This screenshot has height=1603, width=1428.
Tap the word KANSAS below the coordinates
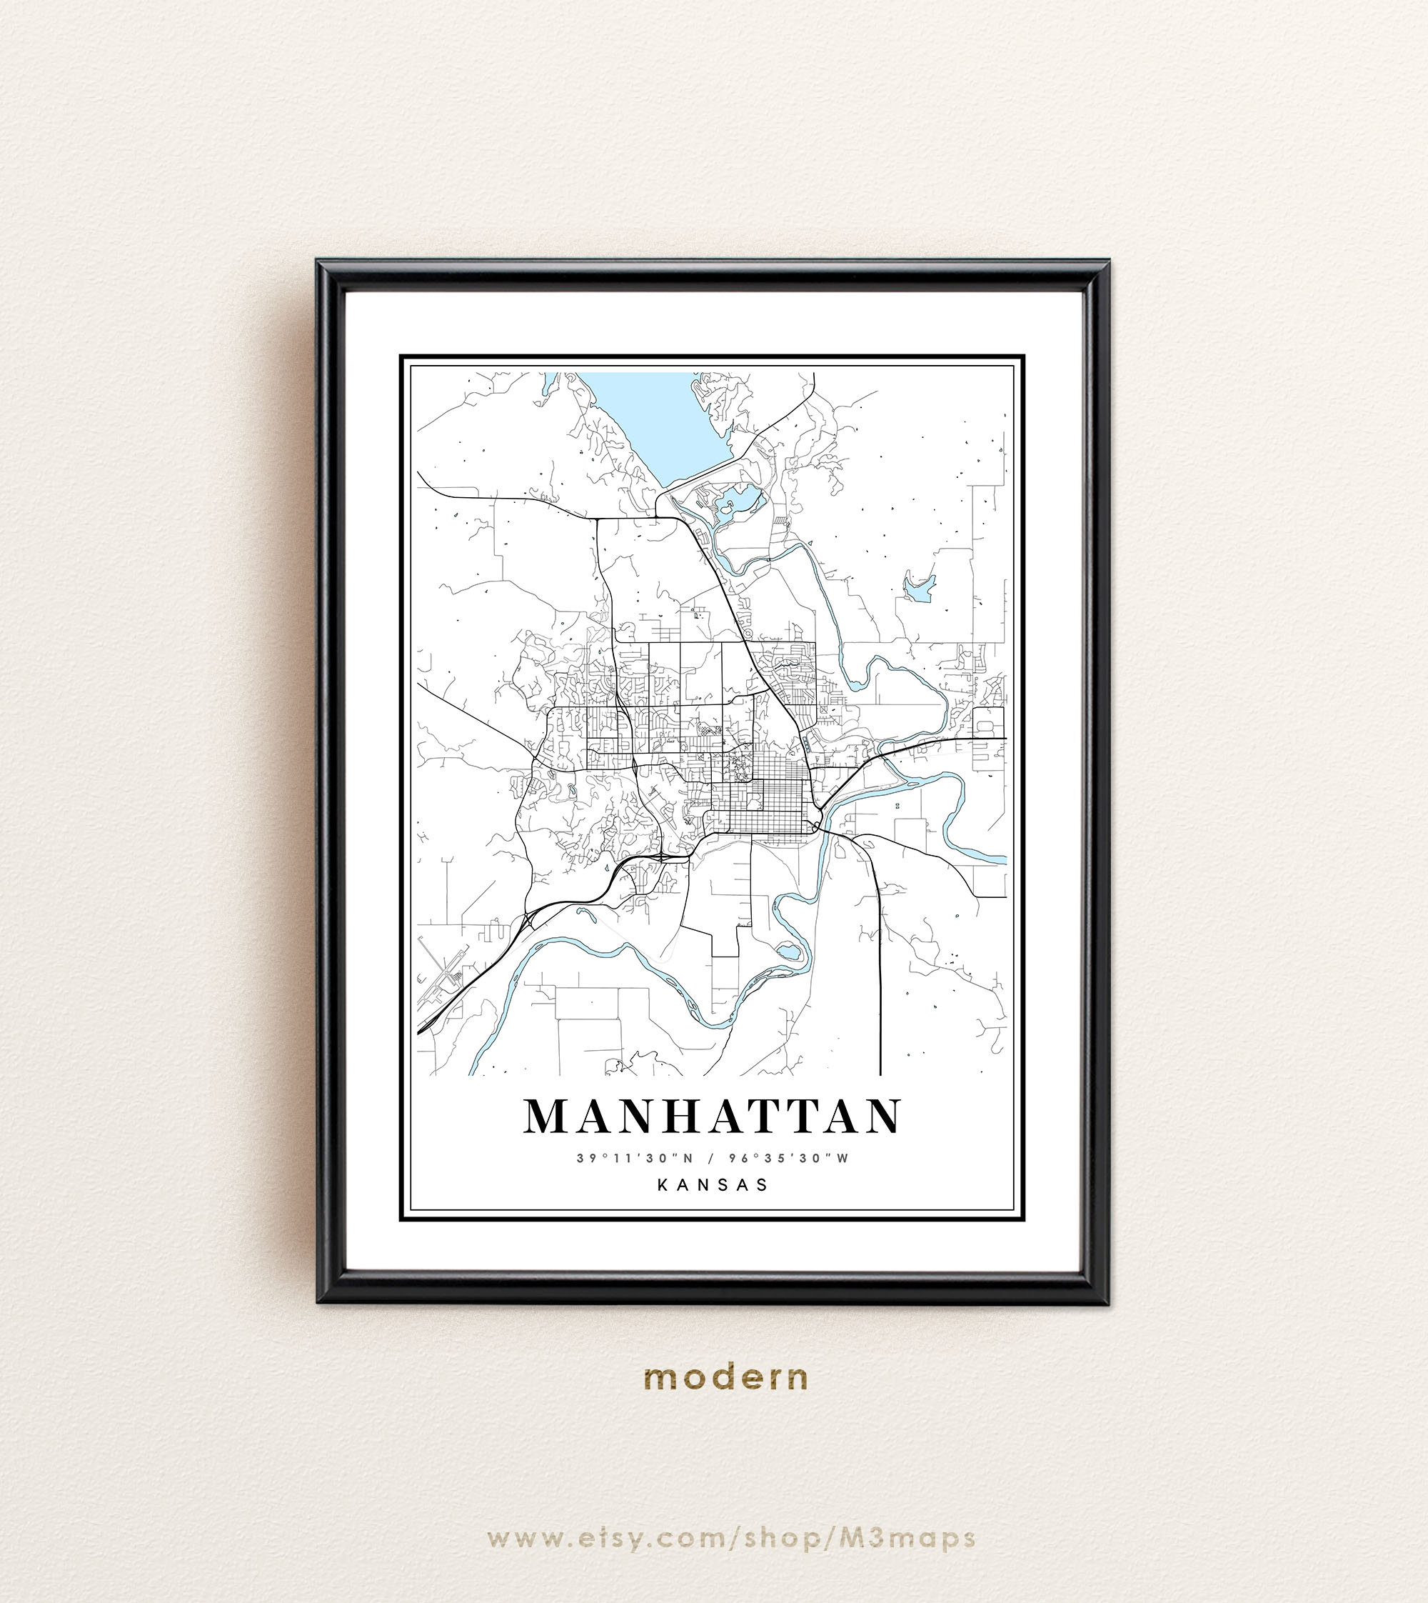coord(713,1184)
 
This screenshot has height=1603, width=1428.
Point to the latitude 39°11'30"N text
coord(635,1158)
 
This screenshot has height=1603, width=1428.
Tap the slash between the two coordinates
coord(708,1158)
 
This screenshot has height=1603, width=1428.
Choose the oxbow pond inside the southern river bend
coord(789,953)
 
